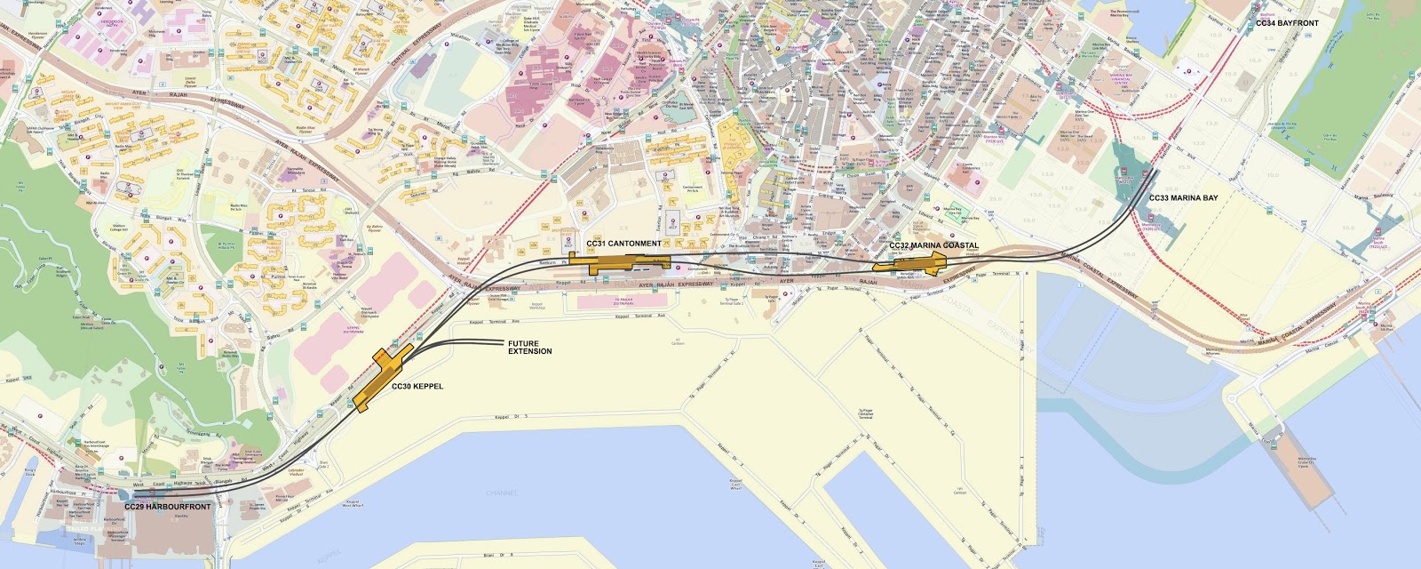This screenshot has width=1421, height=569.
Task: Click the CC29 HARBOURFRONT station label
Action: [168, 507]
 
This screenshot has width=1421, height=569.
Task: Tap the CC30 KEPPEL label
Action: [417, 387]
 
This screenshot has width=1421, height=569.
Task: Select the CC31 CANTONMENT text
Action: [623, 244]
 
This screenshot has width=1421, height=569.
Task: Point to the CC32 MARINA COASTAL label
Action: [933, 245]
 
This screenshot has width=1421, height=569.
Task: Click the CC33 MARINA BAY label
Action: [1184, 198]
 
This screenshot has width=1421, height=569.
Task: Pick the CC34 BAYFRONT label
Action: [1287, 23]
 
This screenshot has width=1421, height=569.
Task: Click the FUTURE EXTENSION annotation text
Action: [530, 348]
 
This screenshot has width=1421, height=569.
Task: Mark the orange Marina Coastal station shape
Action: [910, 262]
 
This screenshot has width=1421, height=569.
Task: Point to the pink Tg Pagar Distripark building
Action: [622, 302]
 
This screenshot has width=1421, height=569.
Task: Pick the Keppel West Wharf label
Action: [355, 503]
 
